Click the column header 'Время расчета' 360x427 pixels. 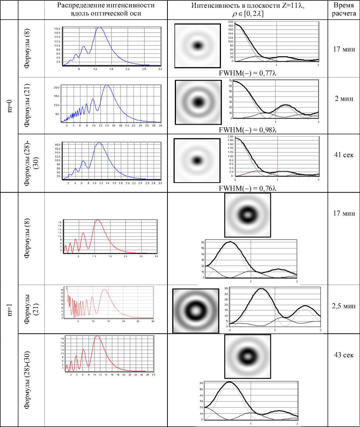tap(344, 10)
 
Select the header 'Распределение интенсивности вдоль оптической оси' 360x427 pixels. tap(106, 10)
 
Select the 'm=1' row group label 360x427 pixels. tap(9, 309)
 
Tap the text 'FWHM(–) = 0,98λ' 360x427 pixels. tap(248, 130)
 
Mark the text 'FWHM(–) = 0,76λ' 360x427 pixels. tap(248, 188)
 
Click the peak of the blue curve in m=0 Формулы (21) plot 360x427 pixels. tap(107, 85)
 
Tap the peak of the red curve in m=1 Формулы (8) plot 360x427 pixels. tap(97, 220)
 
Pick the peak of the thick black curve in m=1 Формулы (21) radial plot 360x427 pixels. tap(262, 289)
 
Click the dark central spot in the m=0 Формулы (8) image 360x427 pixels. tap(198, 46)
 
